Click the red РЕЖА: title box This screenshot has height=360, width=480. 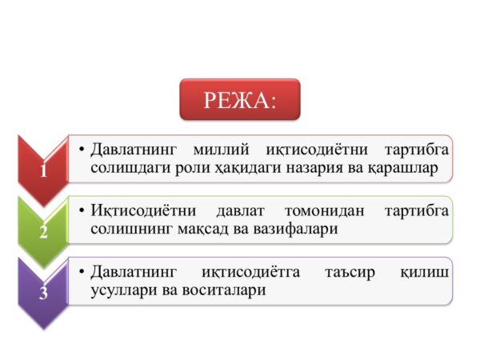pos(239,99)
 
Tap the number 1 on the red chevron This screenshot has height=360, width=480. pos(43,170)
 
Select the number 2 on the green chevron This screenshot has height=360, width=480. pos(43,233)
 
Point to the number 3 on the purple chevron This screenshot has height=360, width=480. pos(43,293)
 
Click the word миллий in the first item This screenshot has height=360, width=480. pos(221,150)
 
